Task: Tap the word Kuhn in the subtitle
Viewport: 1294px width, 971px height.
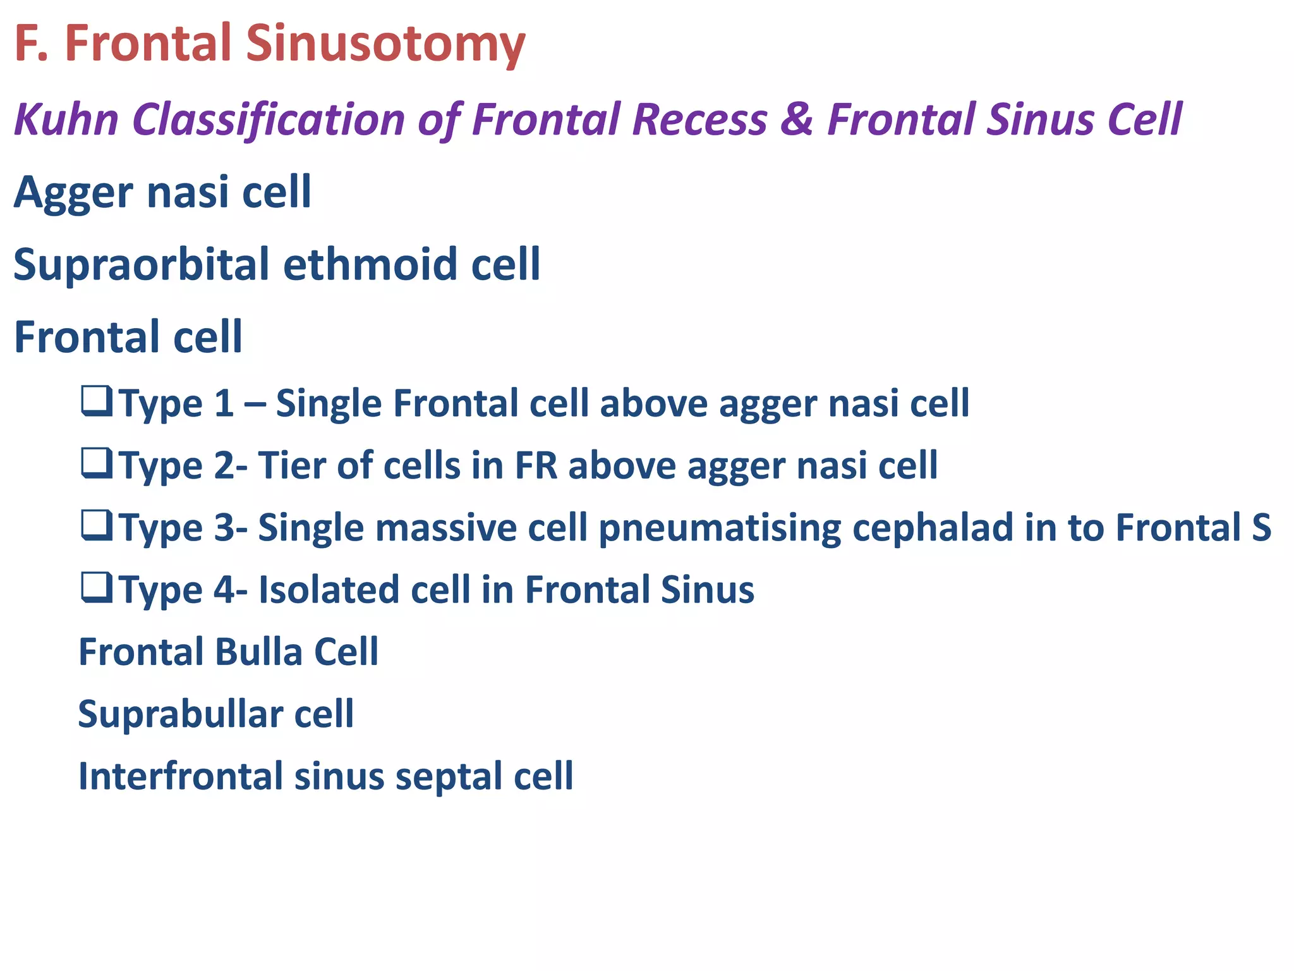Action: tap(66, 120)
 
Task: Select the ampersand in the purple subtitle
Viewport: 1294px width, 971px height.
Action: tap(797, 120)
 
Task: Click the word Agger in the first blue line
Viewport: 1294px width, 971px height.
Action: tap(74, 193)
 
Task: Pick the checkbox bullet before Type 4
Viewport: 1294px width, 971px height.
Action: tap(97, 588)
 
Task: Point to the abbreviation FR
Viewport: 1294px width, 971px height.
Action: tap(536, 466)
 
